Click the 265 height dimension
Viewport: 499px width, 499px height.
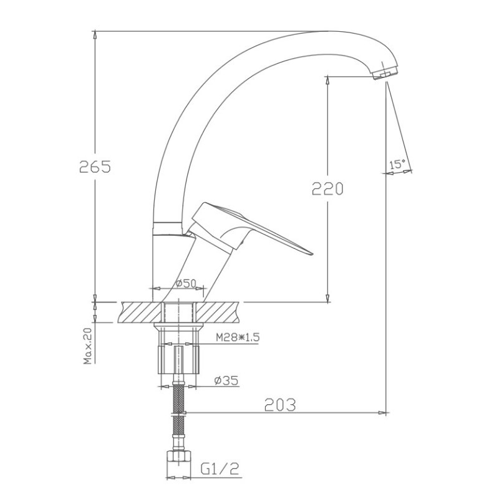pos(95,167)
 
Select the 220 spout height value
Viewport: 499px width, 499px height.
pos(327,188)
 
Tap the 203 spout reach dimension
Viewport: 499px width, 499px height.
pos(280,405)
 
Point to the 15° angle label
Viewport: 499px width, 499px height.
pos(397,165)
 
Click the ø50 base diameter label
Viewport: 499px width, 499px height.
pos(187,283)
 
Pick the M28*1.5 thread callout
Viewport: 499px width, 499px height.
pos(238,337)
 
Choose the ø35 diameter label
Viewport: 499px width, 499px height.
pos(226,380)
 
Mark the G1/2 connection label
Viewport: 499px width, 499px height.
pos(220,469)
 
